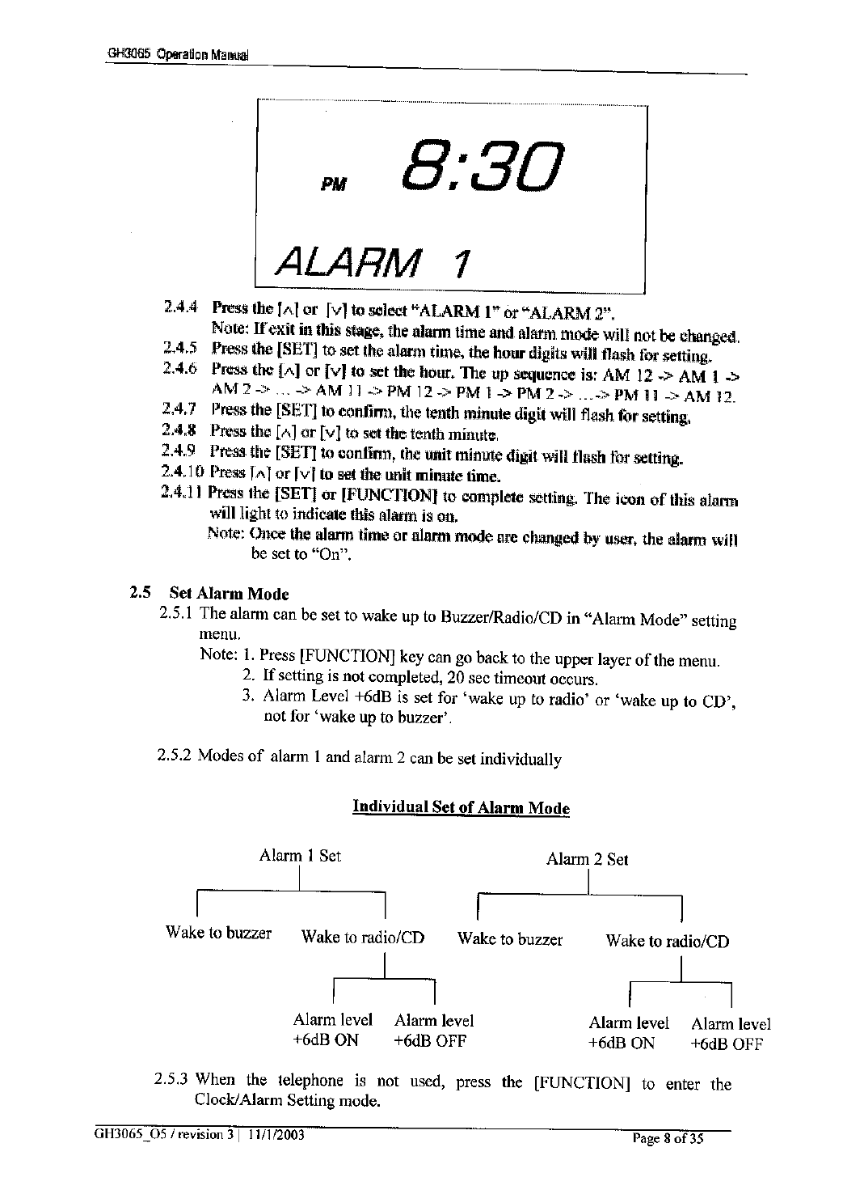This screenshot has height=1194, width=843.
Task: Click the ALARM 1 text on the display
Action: tap(372, 260)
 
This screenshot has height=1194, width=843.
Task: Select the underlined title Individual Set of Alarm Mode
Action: tap(461, 807)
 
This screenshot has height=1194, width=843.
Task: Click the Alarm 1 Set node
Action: tap(300, 855)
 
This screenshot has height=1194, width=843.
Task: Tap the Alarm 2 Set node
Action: tap(587, 859)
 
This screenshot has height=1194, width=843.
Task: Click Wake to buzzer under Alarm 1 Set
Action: tap(218, 932)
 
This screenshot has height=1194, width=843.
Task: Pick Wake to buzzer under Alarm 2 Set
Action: tap(509, 938)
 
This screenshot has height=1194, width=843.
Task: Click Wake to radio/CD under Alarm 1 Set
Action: tap(362, 938)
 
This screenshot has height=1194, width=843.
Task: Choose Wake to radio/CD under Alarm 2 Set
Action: tap(667, 941)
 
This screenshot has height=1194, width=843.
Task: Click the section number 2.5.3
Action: tap(171, 1079)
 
